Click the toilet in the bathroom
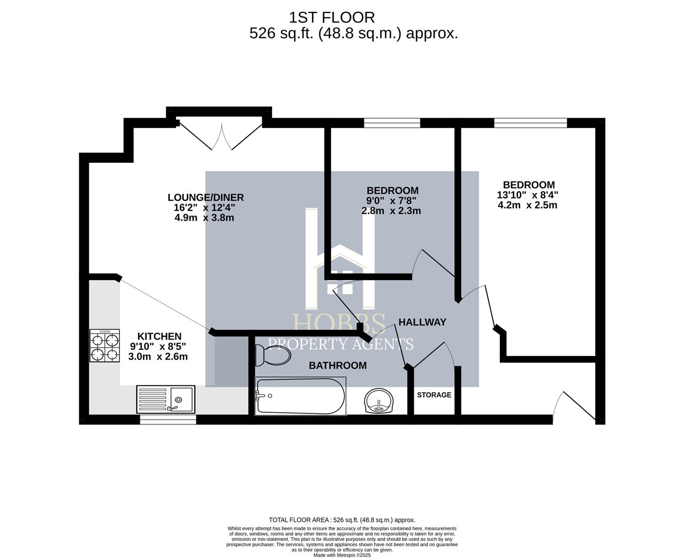coord(273,355)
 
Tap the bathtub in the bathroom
coord(300,396)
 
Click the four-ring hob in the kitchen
coord(105,346)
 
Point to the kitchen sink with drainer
coord(166,399)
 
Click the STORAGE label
coord(434,395)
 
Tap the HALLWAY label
coord(422,322)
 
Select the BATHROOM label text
coord(338,365)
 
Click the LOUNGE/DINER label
coord(205,197)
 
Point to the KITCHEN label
coord(160,336)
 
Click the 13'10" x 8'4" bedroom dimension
coord(528,195)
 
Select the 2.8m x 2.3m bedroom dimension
coord(391,211)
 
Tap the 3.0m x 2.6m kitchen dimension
coord(157,357)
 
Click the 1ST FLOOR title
coord(332,18)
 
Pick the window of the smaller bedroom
coord(392,123)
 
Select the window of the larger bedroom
coord(531,123)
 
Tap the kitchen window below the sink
coord(168,420)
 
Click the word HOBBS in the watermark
coord(340,323)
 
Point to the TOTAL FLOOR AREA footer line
coord(342,520)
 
